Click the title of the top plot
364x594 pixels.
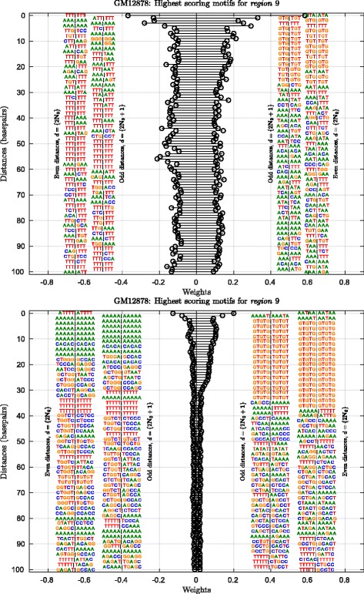pos(196,5)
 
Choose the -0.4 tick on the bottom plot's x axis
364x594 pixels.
pos(122,577)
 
